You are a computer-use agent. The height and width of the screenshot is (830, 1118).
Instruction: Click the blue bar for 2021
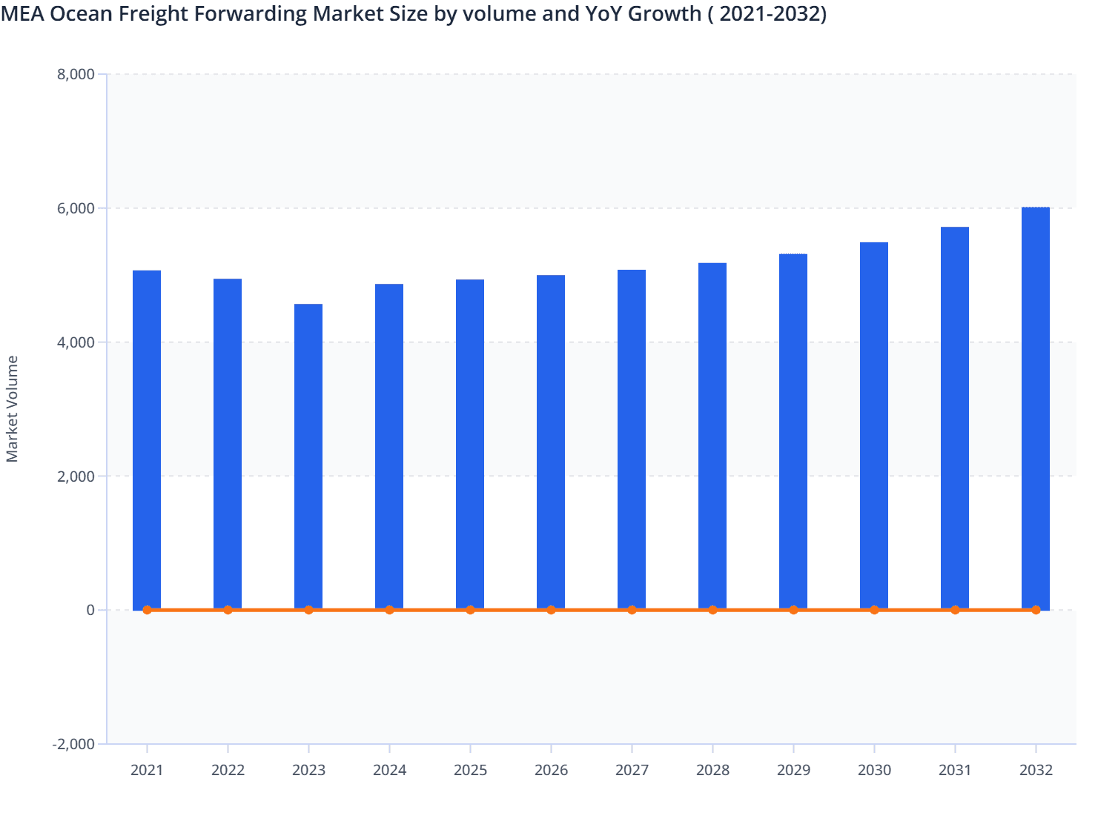(147, 440)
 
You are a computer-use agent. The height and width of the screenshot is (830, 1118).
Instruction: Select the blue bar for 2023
(308, 456)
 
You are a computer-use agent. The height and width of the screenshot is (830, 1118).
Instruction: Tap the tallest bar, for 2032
(1036, 408)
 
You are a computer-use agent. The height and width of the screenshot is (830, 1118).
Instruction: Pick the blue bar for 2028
(712, 436)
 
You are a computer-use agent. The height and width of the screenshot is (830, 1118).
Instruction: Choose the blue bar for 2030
(874, 426)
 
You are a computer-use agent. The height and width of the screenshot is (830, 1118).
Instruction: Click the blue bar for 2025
(470, 445)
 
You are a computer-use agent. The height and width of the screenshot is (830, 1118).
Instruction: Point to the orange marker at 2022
(228, 610)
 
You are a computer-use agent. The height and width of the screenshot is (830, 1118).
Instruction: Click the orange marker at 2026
(551, 610)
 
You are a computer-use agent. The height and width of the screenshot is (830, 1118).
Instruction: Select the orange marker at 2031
(955, 610)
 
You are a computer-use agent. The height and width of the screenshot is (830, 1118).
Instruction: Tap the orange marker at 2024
(389, 610)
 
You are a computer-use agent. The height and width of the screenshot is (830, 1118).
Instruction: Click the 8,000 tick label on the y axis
(76, 74)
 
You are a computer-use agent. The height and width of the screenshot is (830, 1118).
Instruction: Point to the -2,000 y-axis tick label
(73, 744)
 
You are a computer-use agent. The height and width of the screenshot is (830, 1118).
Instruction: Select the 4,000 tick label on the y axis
(76, 342)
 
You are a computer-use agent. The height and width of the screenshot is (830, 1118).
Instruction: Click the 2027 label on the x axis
(632, 770)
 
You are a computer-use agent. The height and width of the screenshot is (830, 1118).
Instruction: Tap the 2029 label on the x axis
(793, 770)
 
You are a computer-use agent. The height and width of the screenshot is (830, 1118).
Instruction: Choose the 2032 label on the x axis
(1036, 770)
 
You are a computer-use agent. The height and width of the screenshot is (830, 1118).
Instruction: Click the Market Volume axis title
(12, 409)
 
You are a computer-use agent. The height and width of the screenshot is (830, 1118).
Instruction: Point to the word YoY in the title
(601, 13)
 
